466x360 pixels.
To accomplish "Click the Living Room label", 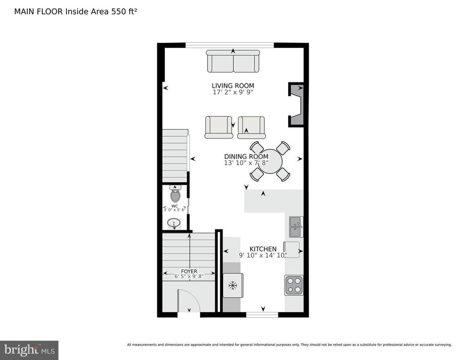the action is pos(233,86).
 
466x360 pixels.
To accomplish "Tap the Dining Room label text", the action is pos(246,157).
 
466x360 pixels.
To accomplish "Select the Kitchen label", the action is pos(263,249).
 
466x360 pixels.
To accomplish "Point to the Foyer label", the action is pos(189,271).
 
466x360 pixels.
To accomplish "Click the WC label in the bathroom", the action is pos(174,206).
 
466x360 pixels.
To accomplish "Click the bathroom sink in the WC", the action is pos(174,223).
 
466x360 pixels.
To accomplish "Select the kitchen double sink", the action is pos(296,227).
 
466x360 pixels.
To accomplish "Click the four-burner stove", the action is pos(294,285).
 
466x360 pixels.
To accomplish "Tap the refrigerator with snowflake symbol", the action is pos(233,286).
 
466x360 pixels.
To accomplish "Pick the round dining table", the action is pos(270,162).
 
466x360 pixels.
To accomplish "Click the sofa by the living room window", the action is pos(233,61).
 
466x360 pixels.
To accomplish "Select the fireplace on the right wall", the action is pos(296,105).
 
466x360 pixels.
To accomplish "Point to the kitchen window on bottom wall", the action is pos(262,314).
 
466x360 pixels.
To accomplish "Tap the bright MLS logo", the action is pos(29,350).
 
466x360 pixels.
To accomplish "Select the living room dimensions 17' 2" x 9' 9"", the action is pos(233,92).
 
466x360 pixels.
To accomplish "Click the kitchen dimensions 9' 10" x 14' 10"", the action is pos(263,255).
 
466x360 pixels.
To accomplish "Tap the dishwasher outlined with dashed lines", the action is pos(292,250).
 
